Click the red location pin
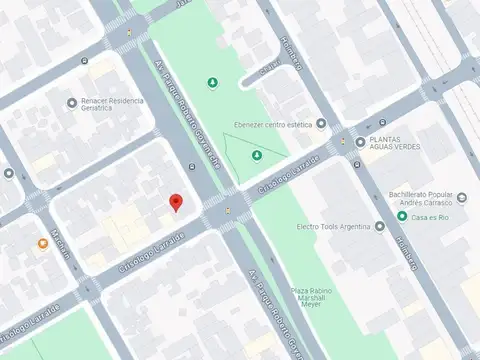coord(176,201)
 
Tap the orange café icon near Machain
coord(43,243)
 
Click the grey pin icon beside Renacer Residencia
coord(71,102)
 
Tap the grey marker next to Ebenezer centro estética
coord(322,124)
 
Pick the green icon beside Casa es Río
coord(402,216)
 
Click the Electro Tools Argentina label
coord(334,227)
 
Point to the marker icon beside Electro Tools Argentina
coord(379,227)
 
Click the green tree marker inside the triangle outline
coord(257,155)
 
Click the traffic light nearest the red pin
coord(228,210)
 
